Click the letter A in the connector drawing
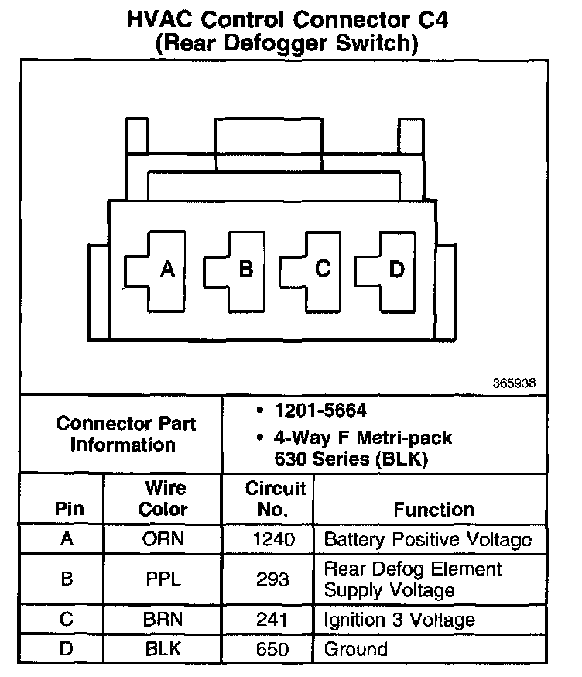click(x=166, y=270)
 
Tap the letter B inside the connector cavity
click(x=246, y=270)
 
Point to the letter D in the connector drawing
click(x=396, y=270)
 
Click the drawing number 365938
click(x=513, y=383)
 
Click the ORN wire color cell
click(x=163, y=539)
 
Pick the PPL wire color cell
click(x=163, y=579)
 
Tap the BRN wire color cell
click(x=163, y=620)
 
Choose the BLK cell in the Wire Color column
click(x=163, y=648)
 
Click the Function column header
click(x=433, y=510)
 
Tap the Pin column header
click(x=67, y=510)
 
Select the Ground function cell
click(x=356, y=648)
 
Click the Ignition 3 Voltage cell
click(x=399, y=620)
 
